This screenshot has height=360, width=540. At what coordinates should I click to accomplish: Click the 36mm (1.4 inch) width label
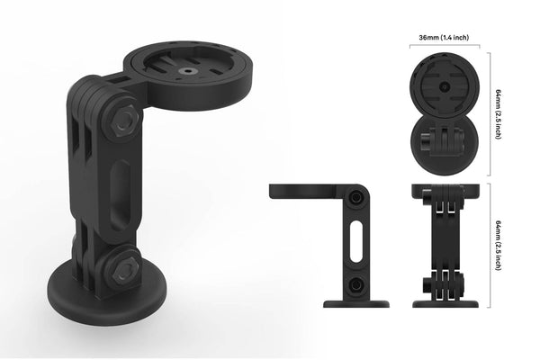coord(443,39)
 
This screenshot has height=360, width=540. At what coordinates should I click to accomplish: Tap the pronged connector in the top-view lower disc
coord(444,143)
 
